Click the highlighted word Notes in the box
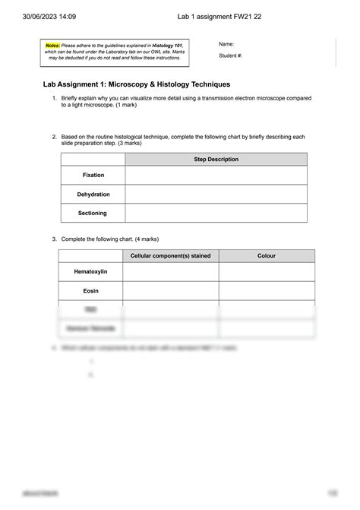click(x=52, y=46)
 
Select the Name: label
click(x=226, y=44)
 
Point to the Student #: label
click(x=230, y=55)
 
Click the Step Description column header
click(x=216, y=160)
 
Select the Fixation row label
click(x=93, y=176)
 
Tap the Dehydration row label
click(x=93, y=195)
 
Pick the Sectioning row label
click(x=93, y=214)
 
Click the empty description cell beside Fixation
click(x=216, y=176)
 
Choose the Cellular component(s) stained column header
click(x=171, y=255)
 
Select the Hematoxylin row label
click(x=91, y=271)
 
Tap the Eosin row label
click(x=90, y=290)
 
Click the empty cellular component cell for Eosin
click(x=171, y=290)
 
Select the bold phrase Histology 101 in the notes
click(x=168, y=46)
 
